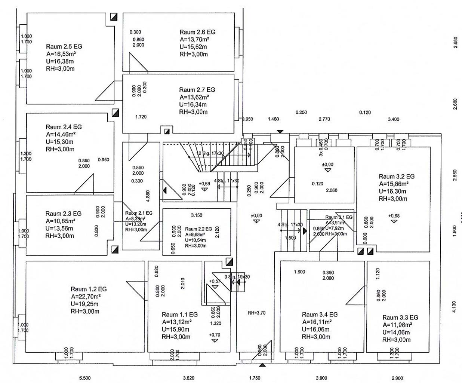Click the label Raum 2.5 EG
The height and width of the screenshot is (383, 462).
click(64, 47)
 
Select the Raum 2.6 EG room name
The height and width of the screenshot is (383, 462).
click(197, 32)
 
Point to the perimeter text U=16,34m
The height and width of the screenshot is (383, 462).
click(193, 105)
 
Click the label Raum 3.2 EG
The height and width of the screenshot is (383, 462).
click(397, 177)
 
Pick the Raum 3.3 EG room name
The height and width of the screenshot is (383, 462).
click(400, 318)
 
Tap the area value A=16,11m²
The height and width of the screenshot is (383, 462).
click(317, 322)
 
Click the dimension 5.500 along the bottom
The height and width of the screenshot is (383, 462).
click(85, 378)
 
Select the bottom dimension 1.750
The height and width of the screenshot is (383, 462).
click(255, 378)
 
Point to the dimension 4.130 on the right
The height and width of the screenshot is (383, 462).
click(455, 307)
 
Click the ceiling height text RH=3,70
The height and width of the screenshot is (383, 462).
click(256, 313)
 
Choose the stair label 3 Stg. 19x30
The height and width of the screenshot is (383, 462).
click(237, 277)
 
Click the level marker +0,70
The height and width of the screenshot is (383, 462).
click(215, 335)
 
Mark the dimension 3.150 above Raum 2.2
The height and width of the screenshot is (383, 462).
click(197, 215)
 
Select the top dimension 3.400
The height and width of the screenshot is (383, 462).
click(393, 119)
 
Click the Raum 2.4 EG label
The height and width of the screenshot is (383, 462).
click(64, 127)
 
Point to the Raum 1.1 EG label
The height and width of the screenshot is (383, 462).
click(179, 315)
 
